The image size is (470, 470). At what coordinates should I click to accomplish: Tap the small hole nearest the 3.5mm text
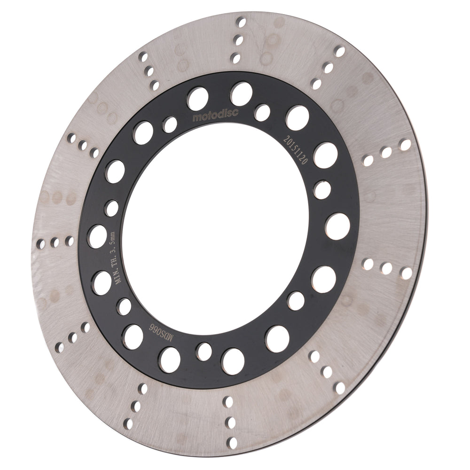[x=112, y=208]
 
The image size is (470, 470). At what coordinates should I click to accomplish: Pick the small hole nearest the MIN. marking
[x=124, y=306]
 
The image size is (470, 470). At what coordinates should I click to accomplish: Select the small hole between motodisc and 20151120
[x=262, y=113]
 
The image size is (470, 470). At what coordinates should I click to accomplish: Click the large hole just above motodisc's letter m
[x=198, y=99]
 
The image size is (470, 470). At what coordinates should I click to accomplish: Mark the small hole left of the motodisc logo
[x=170, y=125]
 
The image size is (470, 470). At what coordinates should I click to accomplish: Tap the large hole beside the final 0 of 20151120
[x=325, y=155]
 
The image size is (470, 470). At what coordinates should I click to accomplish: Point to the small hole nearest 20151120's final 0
[x=322, y=190]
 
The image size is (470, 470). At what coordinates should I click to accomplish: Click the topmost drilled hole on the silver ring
[x=241, y=22]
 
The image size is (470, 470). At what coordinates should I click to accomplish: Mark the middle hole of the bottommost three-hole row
[x=230, y=422]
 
